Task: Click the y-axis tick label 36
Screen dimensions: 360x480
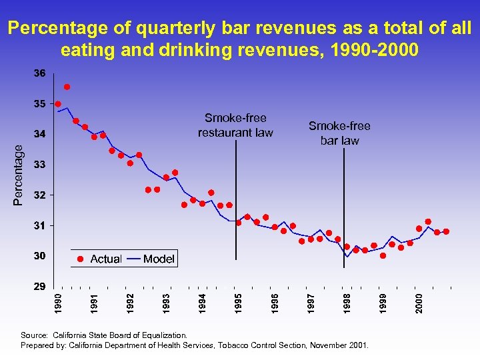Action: click(40, 73)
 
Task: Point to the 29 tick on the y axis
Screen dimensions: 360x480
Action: click(40, 287)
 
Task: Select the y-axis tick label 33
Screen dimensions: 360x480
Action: click(40, 164)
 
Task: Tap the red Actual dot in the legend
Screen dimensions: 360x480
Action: click(80, 259)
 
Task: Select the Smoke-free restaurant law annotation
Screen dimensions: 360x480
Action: click(235, 125)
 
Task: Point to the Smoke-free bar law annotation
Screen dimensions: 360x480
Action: click(339, 133)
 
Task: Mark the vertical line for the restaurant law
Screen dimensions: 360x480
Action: click(236, 200)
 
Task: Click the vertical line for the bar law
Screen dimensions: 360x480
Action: click(343, 200)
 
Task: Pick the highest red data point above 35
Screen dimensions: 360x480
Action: click(67, 87)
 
